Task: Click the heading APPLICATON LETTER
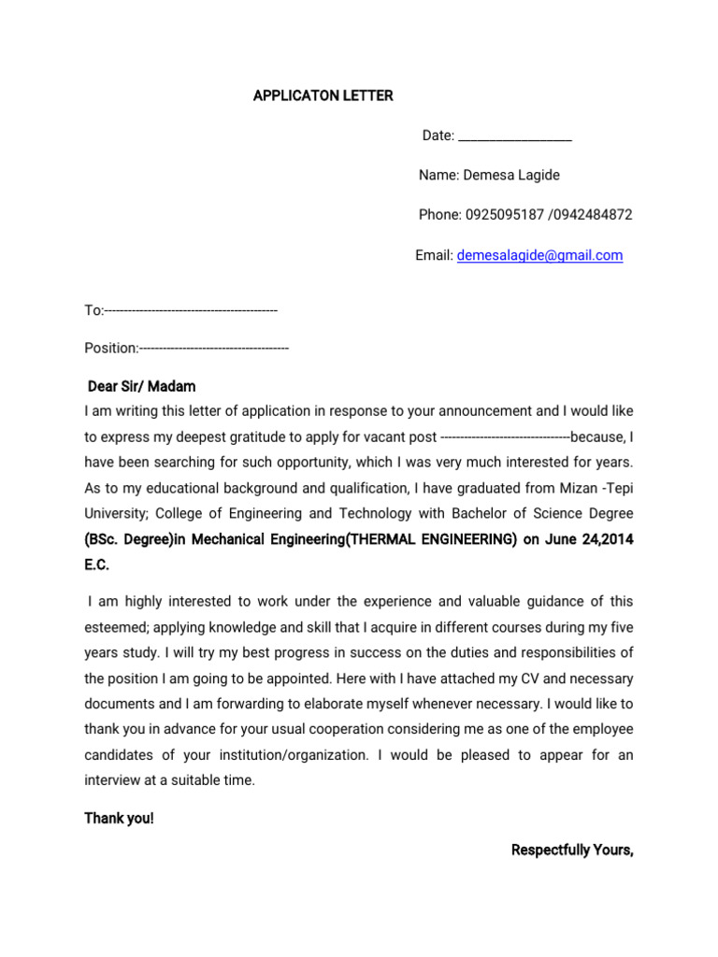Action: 323,96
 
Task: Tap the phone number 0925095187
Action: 504,214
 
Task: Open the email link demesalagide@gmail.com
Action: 539,255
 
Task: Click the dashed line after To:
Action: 191,310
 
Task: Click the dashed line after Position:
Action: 214,349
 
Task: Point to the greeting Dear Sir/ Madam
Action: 141,386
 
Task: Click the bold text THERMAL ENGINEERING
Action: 430,540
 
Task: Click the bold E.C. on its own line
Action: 97,565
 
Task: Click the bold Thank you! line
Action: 120,819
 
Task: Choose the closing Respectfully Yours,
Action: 572,850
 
